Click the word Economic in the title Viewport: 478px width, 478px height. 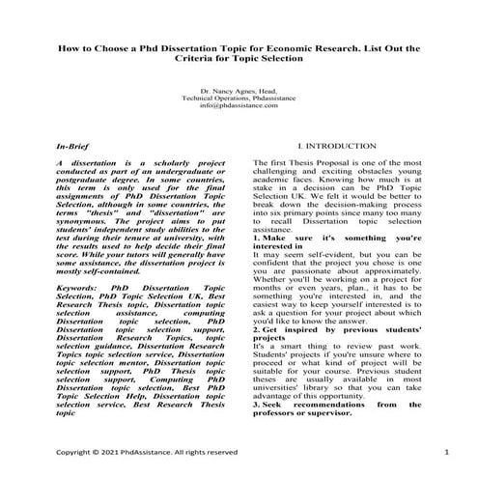pos(304,45)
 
